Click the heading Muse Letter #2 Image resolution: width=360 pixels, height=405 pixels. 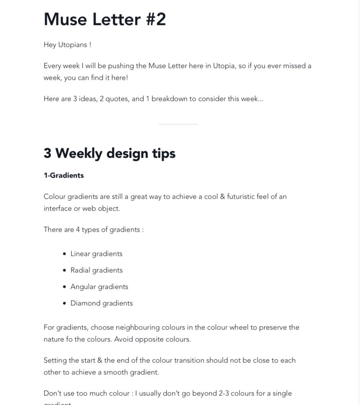tap(105, 20)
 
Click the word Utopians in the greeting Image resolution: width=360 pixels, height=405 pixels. tap(73, 45)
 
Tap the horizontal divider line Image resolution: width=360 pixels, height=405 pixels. tap(178, 124)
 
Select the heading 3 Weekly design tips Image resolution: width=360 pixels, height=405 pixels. tap(109, 153)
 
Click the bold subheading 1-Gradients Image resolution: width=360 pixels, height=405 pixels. tap(64, 175)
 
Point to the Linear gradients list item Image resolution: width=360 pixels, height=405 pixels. tap(96, 254)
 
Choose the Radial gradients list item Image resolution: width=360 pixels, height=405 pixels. tap(96, 270)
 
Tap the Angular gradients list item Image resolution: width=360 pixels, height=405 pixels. tap(99, 287)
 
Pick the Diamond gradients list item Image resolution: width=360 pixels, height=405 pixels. tap(101, 303)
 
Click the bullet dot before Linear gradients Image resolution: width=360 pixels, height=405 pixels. tap(64, 254)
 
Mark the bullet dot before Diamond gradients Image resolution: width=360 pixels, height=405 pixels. tap(64, 303)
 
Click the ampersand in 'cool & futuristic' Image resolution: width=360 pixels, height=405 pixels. tap(222, 197)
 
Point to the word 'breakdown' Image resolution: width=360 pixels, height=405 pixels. tap(169, 99)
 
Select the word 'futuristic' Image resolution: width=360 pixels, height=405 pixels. tap(241, 197)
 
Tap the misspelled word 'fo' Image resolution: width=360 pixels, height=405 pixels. tap(69, 339)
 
